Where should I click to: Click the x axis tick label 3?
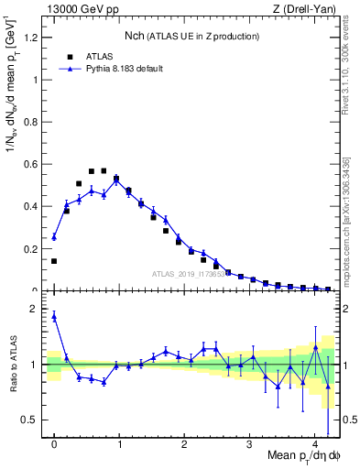250,444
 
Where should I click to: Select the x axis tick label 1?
120,444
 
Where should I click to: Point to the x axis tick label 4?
315,444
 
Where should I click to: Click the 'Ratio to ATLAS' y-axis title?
12,365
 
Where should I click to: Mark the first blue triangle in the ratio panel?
54,316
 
